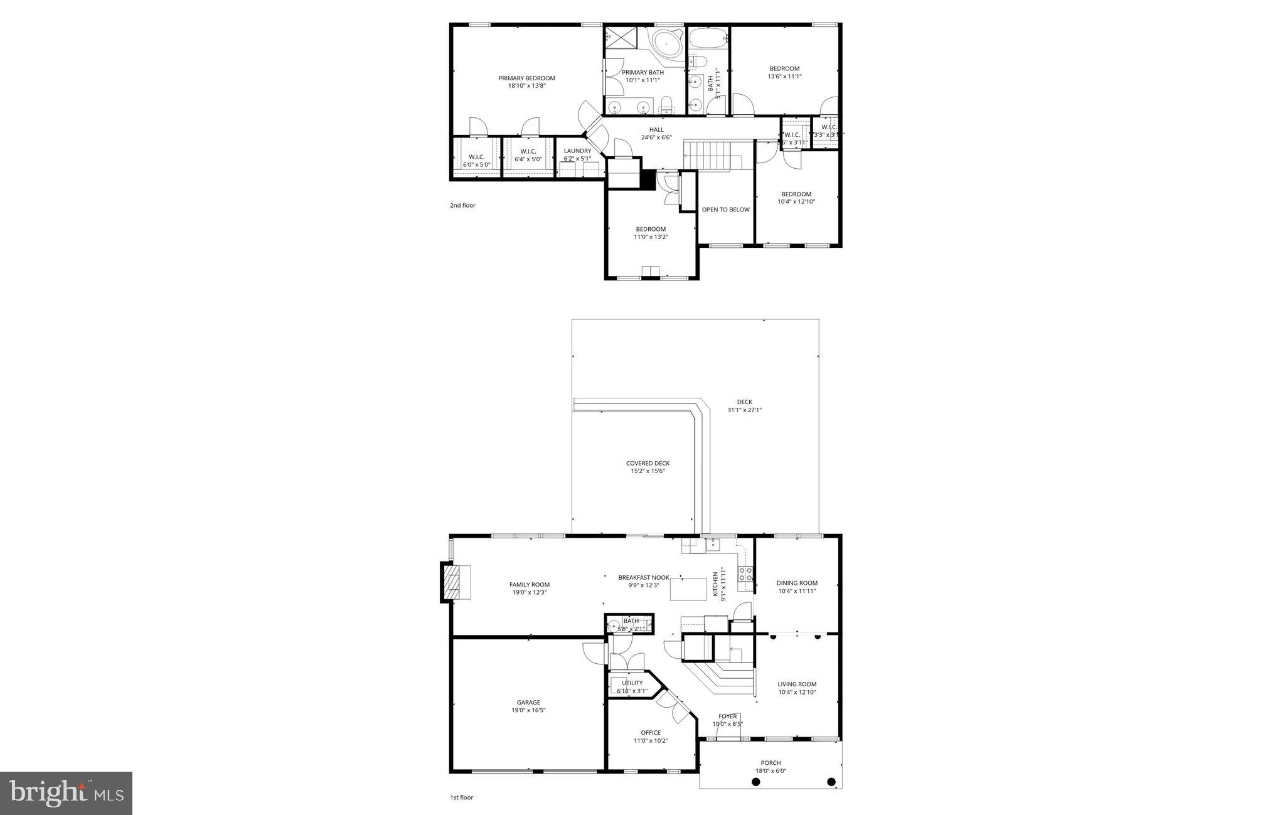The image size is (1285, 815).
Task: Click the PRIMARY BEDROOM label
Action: [526, 78]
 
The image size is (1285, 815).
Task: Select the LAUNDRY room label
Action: [577, 151]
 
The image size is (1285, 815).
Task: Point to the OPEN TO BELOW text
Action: [725, 210]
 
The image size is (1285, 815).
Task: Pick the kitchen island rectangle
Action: [687, 590]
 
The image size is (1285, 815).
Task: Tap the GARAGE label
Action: [528, 702]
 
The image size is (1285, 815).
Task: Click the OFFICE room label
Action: [651, 732]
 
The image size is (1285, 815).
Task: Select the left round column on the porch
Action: [756, 782]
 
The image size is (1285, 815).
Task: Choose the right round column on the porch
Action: [831, 782]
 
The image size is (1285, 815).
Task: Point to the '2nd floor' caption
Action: [462, 205]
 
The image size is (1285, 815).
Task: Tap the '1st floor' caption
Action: [461, 797]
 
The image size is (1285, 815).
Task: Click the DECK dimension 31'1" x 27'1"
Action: [744, 410]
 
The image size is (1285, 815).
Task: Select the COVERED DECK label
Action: [648, 463]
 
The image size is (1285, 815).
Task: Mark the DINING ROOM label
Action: [797, 583]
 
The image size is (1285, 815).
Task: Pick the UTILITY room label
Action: [632, 683]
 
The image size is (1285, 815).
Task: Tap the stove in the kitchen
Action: [745, 573]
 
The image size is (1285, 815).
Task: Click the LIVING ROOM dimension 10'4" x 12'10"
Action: [797, 693]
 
